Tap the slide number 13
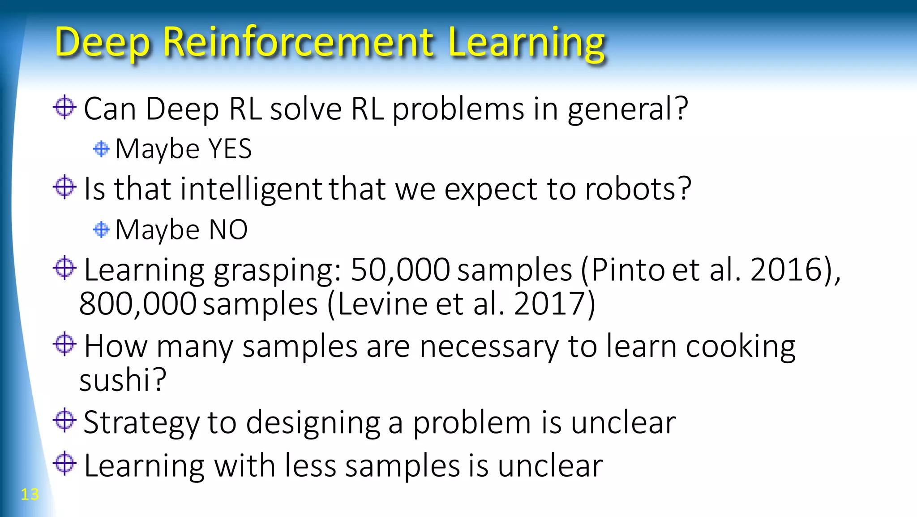click(30, 494)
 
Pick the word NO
click(228, 230)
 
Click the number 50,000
click(400, 270)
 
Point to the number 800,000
click(137, 304)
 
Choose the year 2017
click(551, 304)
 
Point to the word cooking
click(741, 347)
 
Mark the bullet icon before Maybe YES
click(101, 149)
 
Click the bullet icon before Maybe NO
click(101, 230)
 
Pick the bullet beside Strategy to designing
click(64, 420)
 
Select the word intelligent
click(251, 189)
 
